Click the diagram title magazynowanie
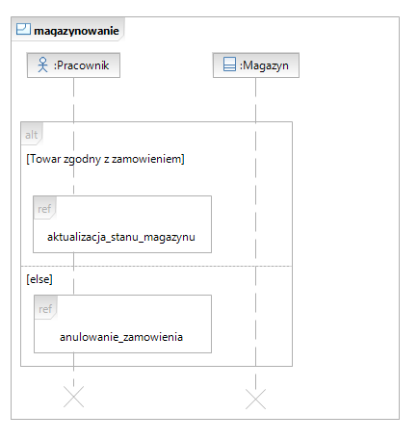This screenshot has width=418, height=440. (76, 31)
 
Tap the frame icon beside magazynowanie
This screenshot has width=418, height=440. (23, 29)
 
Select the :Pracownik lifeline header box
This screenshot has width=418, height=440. (73, 65)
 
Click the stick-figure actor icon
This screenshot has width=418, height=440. (42, 65)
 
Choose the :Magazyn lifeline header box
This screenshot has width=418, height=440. (256, 65)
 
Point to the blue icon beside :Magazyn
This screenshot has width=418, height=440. (229, 64)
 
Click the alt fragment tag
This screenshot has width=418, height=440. (32, 135)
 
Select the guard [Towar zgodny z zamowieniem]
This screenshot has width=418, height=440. (105, 159)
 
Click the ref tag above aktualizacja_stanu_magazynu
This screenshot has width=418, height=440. (44, 209)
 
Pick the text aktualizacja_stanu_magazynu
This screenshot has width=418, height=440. (121, 237)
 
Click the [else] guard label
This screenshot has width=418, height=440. (39, 279)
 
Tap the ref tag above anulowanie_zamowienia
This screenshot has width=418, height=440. (45, 309)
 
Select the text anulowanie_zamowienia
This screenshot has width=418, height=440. (121, 337)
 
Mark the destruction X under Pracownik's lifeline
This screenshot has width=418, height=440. (73, 397)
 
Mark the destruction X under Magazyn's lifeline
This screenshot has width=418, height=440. (256, 399)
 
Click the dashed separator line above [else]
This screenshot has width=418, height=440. (156, 266)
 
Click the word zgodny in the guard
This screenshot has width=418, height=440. (82, 160)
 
